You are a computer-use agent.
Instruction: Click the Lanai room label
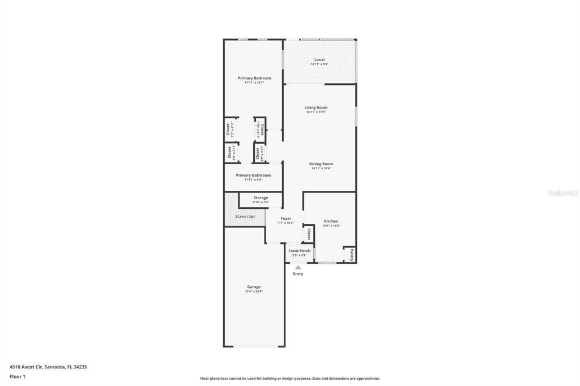319,59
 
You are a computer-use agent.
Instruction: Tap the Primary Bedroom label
254,78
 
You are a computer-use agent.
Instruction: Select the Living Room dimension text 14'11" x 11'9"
315,112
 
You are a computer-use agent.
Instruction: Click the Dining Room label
321,164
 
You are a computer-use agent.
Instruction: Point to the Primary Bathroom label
253,175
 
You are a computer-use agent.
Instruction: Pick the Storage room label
261,198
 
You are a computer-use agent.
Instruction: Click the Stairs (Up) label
245,216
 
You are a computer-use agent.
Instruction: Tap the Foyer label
285,218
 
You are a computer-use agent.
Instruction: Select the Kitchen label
331,221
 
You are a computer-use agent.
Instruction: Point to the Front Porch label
299,251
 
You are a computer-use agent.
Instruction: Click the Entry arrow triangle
298,267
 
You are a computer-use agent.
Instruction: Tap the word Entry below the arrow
298,274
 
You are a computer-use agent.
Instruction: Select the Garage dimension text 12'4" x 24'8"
254,291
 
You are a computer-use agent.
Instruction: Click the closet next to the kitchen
309,234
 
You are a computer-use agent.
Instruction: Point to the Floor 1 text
18,376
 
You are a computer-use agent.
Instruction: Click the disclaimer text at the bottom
289,379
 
